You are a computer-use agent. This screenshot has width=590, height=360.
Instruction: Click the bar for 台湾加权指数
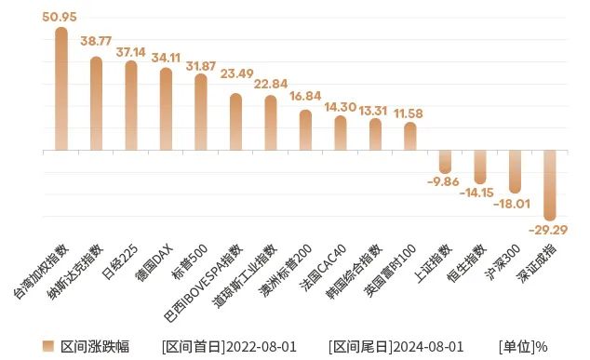point(61,88)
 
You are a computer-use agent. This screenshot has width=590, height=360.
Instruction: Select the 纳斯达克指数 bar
point(96,103)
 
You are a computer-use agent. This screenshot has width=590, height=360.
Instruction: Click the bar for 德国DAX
point(166,109)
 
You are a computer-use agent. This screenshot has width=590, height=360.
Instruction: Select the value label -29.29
point(550,229)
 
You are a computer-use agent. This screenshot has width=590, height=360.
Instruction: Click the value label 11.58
point(409,113)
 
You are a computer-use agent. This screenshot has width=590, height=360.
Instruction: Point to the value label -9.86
point(445,181)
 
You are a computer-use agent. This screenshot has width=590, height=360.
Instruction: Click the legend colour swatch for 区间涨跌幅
point(50,347)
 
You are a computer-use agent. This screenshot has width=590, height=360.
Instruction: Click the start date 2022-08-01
point(261,347)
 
